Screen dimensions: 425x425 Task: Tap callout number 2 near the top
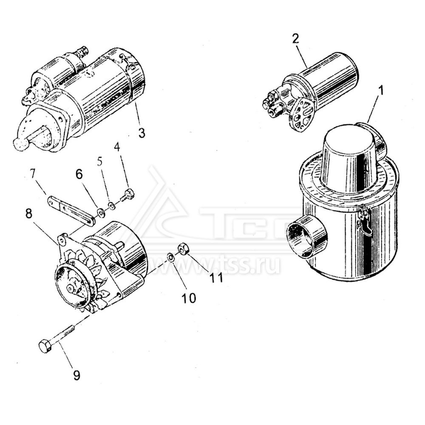(296, 38)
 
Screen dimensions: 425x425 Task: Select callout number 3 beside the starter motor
(142, 133)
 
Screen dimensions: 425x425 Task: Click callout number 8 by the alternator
(28, 214)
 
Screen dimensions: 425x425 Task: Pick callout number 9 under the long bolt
(76, 375)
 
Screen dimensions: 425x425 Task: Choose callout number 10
(189, 298)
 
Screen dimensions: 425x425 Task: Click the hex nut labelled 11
(184, 249)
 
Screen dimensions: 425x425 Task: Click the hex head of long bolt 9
(45, 346)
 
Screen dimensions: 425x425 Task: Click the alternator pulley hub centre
(70, 289)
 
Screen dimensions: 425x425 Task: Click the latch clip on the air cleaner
(364, 219)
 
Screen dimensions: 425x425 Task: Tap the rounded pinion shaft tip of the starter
(20, 144)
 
